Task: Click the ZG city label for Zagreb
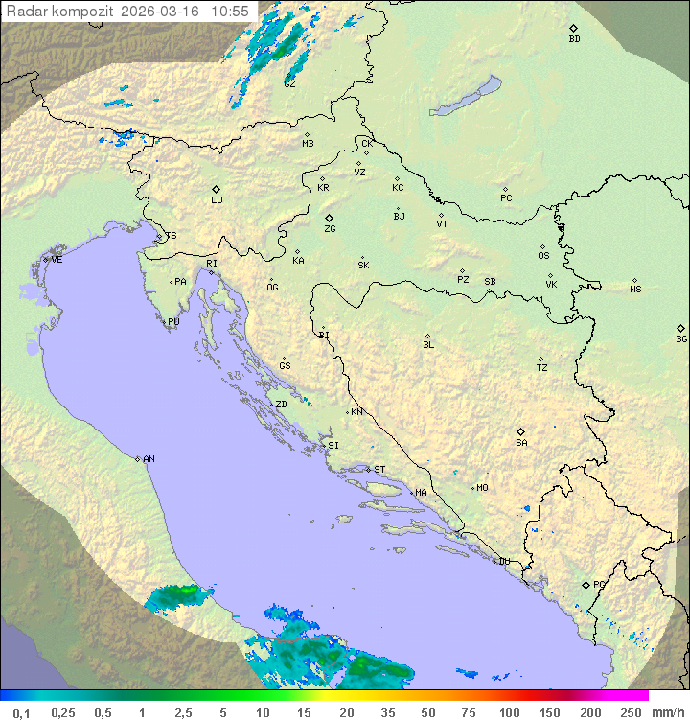tap(330, 229)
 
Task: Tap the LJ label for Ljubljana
tap(217, 200)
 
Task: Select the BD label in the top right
tap(574, 39)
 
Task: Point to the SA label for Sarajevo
tap(521, 443)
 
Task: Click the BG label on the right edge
tap(681, 339)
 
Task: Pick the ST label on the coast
tap(379, 470)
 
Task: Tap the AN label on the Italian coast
tap(149, 459)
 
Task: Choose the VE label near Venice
tap(57, 260)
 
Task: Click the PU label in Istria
tap(173, 322)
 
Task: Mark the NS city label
tap(635, 290)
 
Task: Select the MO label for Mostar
tap(482, 488)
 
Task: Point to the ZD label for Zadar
tap(281, 405)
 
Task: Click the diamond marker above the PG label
tap(586, 584)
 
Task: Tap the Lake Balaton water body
tap(466, 97)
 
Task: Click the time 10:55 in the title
tap(230, 12)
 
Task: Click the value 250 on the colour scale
tap(631, 712)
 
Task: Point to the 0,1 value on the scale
tap(21, 712)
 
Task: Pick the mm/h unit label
tap(666, 712)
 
